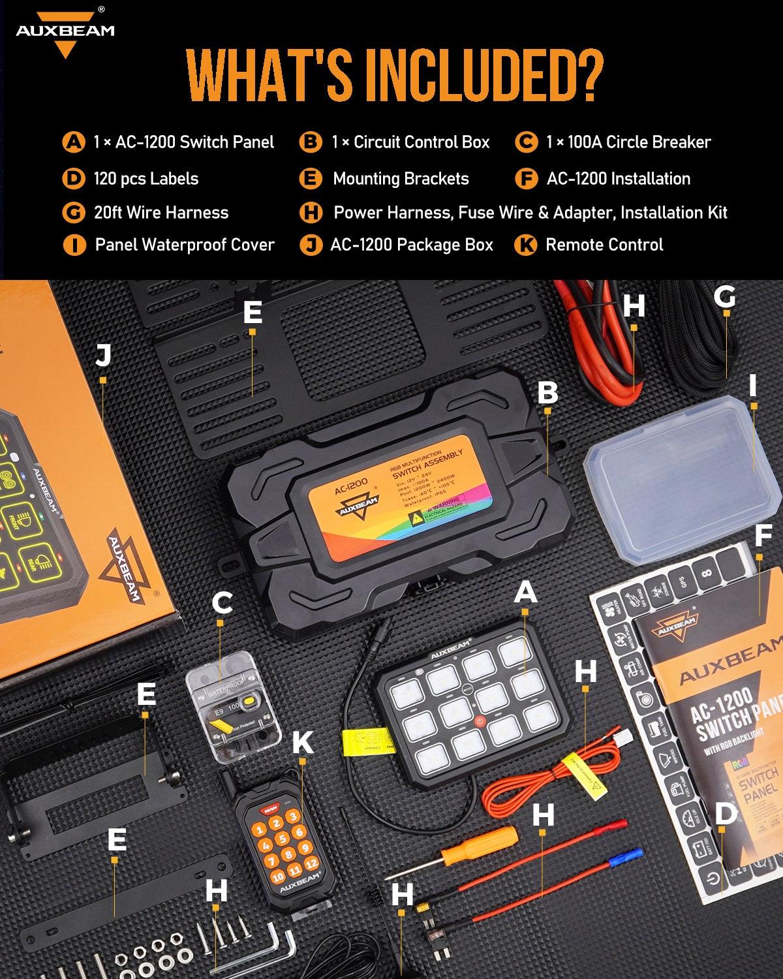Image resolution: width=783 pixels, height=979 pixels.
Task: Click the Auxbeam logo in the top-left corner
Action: tap(65, 33)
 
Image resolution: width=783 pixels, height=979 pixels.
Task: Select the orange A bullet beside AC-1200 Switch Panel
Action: tap(74, 142)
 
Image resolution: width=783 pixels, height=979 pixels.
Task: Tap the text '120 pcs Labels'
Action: tap(146, 179)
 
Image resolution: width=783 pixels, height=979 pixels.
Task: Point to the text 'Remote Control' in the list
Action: tap(604, 245)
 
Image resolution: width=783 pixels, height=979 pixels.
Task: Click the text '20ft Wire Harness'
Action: tap(161, 213)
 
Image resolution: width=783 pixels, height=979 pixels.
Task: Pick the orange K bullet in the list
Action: tap(525, 245)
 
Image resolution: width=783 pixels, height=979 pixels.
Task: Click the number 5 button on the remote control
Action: tap(282, 839)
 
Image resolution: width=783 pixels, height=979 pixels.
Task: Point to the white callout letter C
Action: tap(222, 602)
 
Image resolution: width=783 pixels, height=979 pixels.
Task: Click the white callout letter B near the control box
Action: tap(547, 392)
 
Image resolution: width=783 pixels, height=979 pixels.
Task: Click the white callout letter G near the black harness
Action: tap(724, 297)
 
